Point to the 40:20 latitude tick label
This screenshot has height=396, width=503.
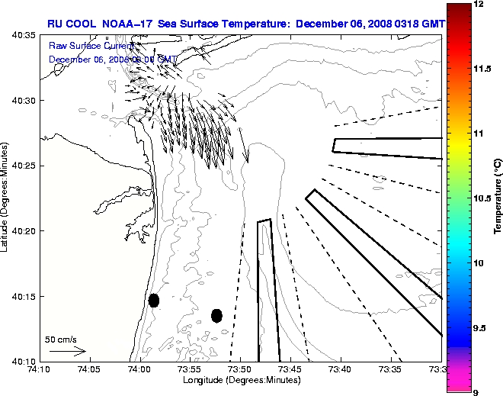19,230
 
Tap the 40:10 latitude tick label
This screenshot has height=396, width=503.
19,360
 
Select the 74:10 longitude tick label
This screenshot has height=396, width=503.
39,370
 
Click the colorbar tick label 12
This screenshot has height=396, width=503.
479,5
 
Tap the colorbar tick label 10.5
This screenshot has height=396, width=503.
482,198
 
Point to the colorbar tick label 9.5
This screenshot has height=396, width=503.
482,327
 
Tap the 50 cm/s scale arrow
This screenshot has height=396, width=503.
67,352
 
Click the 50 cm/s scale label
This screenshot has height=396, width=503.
60,339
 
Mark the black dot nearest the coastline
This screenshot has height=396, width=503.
154,300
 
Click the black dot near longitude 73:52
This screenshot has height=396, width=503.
216,315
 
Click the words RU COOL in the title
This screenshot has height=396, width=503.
72,24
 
